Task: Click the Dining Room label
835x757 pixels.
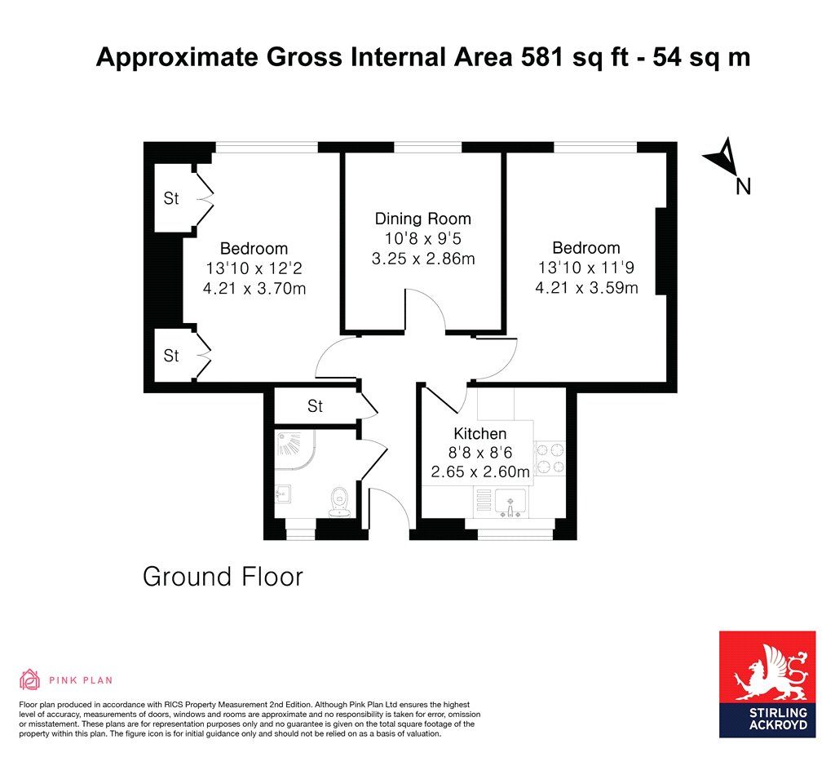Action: point(423,219)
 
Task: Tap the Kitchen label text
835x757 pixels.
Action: point(479,433)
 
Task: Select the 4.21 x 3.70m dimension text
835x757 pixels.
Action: point(254,288)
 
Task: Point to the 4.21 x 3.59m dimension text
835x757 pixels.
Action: point(587,288)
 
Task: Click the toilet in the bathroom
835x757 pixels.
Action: point(339,502)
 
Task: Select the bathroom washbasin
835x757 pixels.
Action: point(283,494)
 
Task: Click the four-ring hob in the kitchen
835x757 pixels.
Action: point(550,458)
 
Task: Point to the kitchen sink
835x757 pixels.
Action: point(510,503)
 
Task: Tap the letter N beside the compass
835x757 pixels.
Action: point(743,187)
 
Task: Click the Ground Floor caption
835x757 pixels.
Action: point(223,577)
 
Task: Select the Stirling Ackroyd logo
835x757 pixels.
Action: point(767,684)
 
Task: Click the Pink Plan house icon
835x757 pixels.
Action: point(30,680)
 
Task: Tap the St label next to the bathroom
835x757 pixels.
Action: point(315,406)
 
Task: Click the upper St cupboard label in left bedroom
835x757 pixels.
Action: point(171,198)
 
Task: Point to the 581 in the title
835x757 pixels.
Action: point(541,57)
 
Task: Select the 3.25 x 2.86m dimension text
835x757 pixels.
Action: point(423,259)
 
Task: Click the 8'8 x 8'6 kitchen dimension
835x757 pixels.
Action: point(479,453)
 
